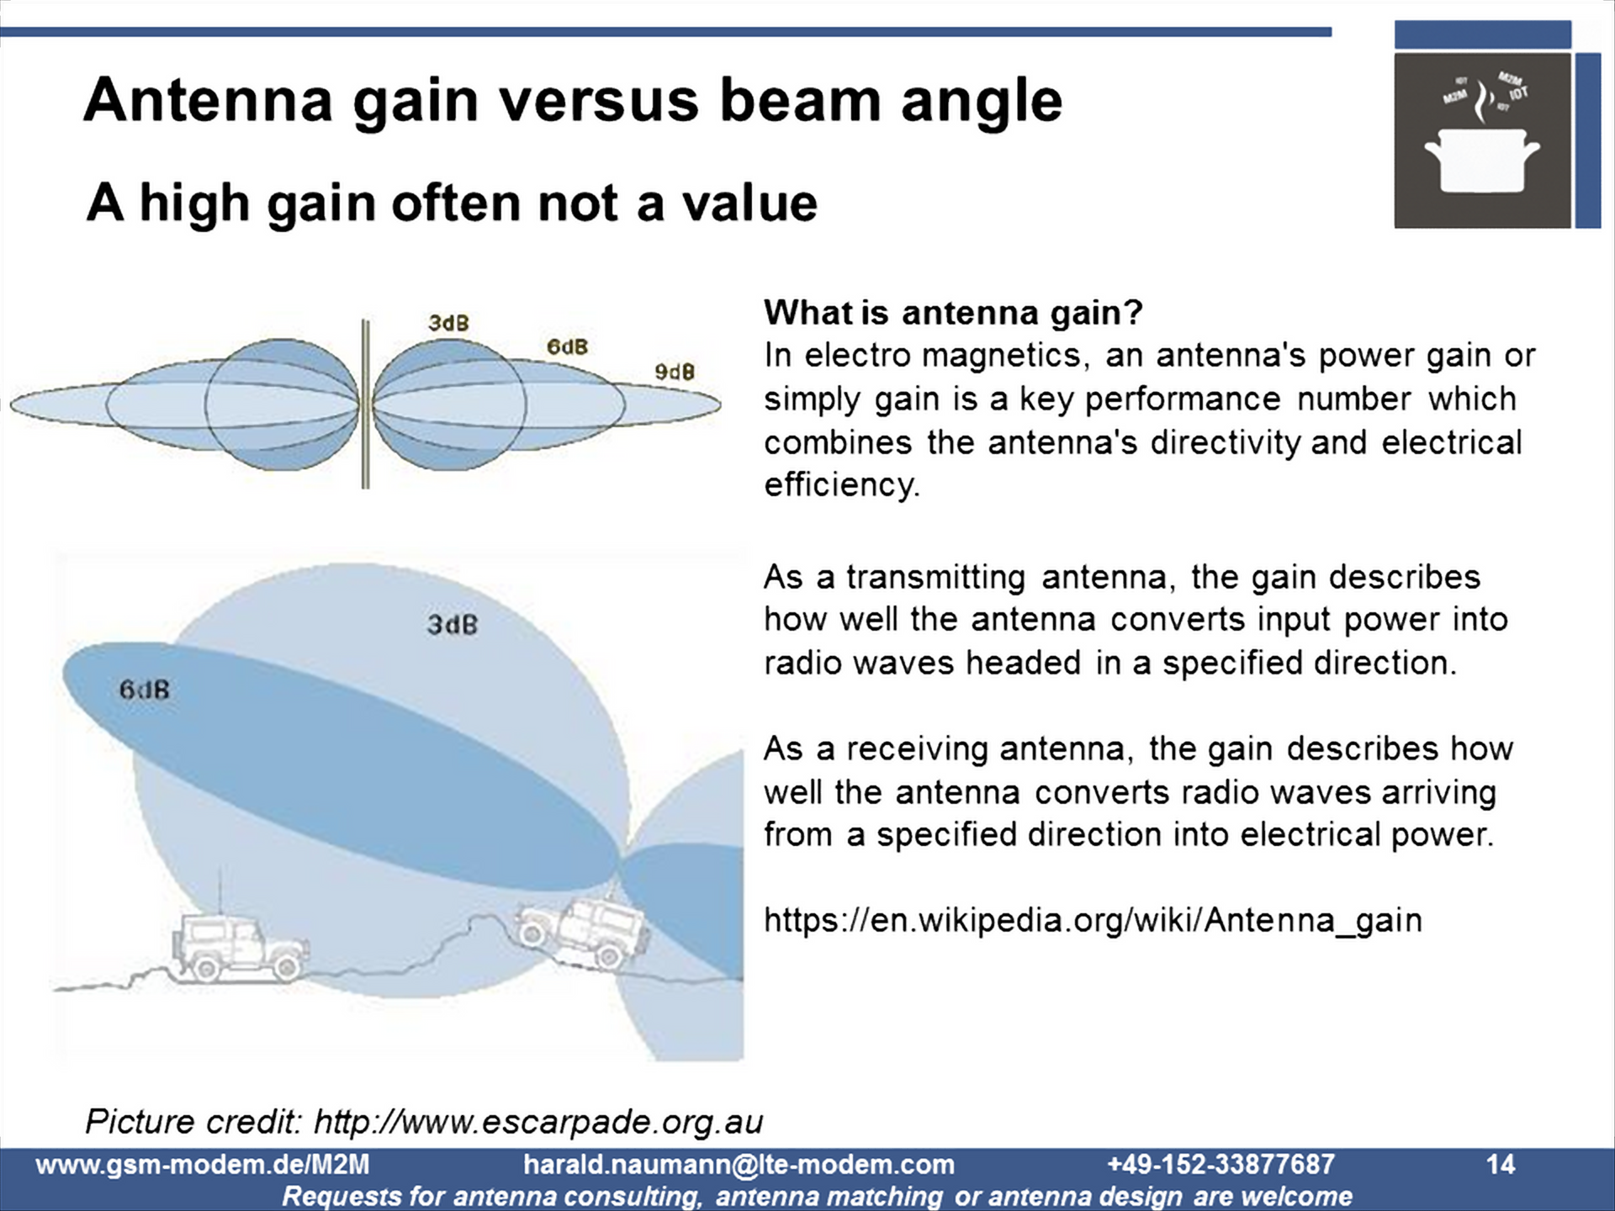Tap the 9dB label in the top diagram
pyautogui.click(x=675, y=372)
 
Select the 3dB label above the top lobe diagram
pyautogui.click(x=448, y=323)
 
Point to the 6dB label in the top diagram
pyautogui.click(x=567, y=346)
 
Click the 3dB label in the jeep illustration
pyautogui.click(x=452, y=625)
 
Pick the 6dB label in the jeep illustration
pyautogui.click(x=144, y=690)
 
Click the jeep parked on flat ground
pyautogui.click(x=241, y=947)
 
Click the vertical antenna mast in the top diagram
pyautogui.click(x=365, y=404)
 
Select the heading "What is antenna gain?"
pyautogui.click(x=953, y=313)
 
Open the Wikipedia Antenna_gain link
pyautogui.click(x=1093, y=920)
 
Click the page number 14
pyautogui.click(x=1501, y=1165)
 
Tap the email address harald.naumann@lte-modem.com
pyautogui.click(x=739, y=1165)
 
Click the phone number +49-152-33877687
pyautogui.click(x=1221, y=1165)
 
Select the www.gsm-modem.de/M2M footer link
pyautogui.click(x=203, y=1165)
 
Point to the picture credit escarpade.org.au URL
pyautogui.click(x=538, y=1122)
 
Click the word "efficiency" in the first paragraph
pyautogui.click(x=842, y=485)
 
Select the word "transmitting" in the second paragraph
pyautogui.click(x=935, y=578)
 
